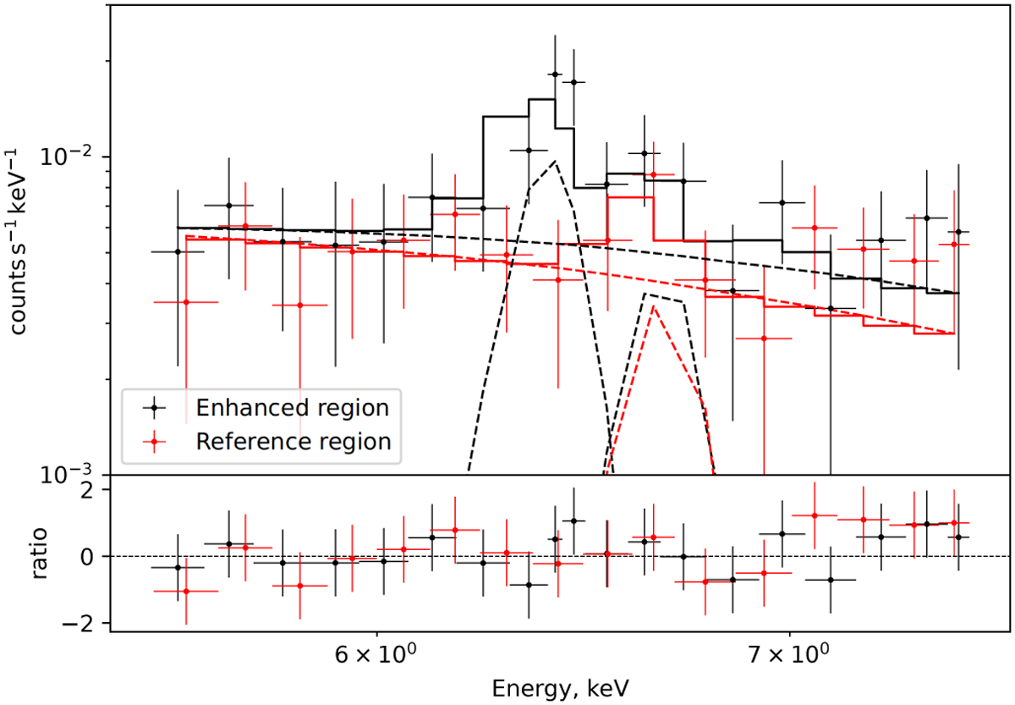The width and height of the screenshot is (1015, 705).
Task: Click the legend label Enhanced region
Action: [292, 408]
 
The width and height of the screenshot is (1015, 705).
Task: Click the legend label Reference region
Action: [294, 441]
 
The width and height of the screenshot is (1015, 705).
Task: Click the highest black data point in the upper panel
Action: [555, 74]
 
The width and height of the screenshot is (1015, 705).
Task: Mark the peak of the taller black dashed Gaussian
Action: [554, 161]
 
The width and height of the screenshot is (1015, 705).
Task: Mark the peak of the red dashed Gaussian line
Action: [653, 306]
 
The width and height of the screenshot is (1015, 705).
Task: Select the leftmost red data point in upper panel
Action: [186, 302]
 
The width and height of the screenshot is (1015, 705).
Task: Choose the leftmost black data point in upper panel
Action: [178, 251]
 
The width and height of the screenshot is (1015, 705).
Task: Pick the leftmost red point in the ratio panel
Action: [186, 591]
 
